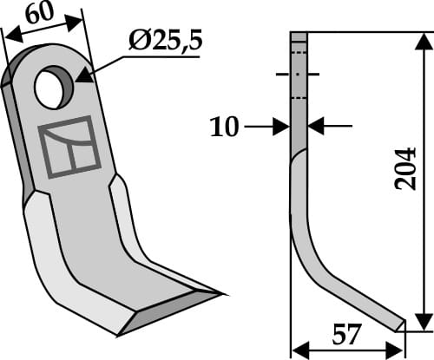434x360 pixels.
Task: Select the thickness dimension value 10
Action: click(x=225, y=127)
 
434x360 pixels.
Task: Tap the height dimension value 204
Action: click(x=405, y=169)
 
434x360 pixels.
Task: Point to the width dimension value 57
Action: click(x=346, y=335)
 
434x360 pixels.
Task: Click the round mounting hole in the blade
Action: click(x=53, y=87)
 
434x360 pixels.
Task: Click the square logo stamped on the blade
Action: click(x=69, y=147)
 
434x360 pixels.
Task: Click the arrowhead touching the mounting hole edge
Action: click(x=85, y=75)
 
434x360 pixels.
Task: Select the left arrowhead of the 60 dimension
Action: click(x=14, y=36)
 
